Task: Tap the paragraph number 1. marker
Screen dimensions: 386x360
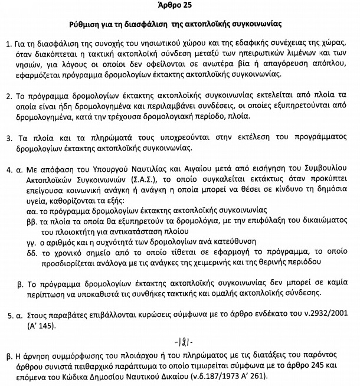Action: [7, 45]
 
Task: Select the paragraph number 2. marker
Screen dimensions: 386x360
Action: [7, 96]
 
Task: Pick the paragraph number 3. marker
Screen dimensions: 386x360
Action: [7, 138]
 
